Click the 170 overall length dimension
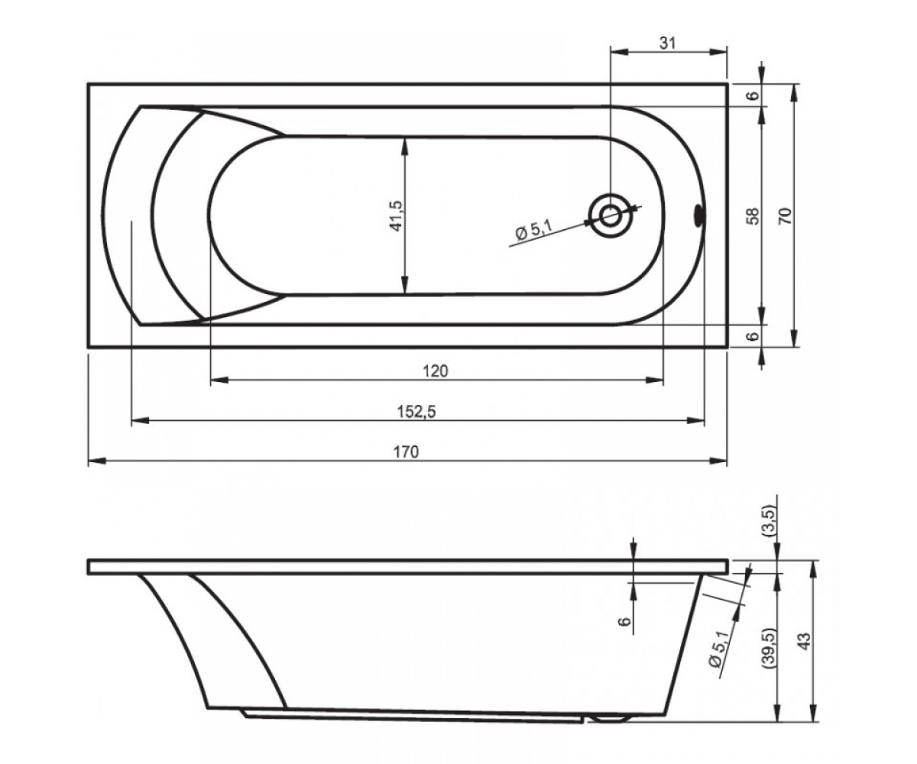click(407, 452)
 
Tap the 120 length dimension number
click(436, 371)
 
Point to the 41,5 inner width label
click(396, 215)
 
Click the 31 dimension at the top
click(667, 43)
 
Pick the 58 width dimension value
click(753, 216)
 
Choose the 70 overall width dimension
click(786, 216)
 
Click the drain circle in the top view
click(610, 216)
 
